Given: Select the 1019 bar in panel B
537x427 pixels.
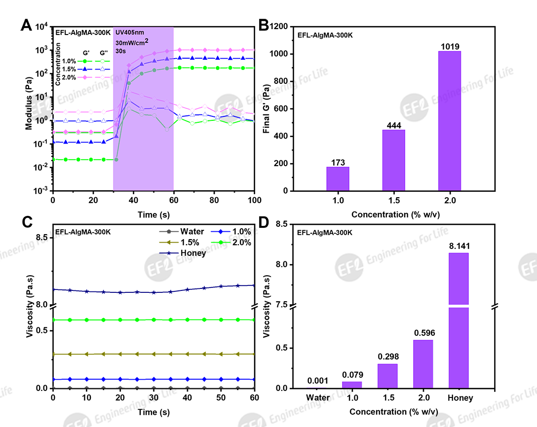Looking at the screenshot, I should click(449, 121).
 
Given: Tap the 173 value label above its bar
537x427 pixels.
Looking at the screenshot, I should click(338, 162).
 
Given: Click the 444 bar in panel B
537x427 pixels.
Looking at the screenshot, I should click(393, 160).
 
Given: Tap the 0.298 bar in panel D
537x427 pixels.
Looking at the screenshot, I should click(387, 376).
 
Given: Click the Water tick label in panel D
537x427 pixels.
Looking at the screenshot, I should click(317, 398).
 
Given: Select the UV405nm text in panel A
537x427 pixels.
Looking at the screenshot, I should click(130, 33).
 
